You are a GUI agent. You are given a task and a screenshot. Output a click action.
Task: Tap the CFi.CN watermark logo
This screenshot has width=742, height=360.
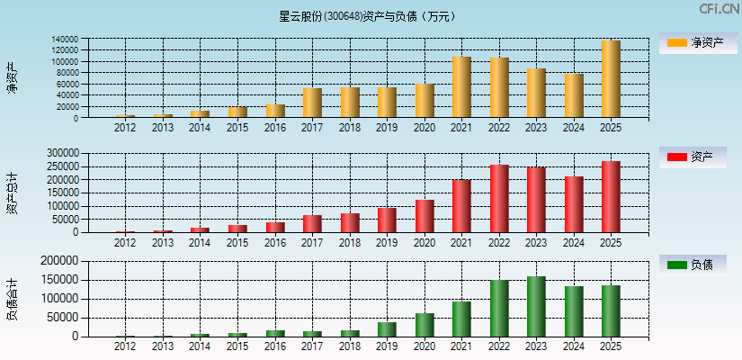coord(720,8)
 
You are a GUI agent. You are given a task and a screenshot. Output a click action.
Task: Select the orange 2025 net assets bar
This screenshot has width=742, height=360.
coord(611,79)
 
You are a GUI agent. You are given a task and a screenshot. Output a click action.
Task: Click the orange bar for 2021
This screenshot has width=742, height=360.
coord(461,87)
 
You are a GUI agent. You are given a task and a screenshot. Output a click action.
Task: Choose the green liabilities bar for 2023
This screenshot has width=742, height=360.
coord(536,306)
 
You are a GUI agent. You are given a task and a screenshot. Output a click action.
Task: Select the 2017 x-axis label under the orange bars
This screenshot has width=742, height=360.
coord(312,128)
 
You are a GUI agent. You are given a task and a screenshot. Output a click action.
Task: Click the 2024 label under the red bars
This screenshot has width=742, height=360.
coord(573,243)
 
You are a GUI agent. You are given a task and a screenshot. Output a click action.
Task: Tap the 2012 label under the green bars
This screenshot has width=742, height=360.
coord(125,346)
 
